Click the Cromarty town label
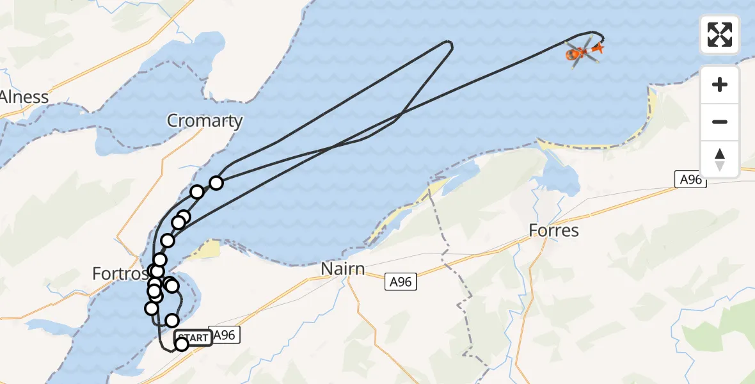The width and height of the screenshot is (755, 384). [205, 120]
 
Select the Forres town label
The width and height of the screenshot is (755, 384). [554, 230]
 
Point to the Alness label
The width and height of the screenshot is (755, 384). [24, 97]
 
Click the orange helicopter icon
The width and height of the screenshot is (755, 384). [578, 52]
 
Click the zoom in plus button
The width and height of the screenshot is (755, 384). [720, 84]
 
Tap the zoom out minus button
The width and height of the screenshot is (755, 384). [720, 122]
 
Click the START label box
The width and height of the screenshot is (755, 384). [193, 338]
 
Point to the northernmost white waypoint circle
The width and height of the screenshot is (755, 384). [216, 183]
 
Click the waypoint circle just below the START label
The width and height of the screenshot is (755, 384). [182, 344]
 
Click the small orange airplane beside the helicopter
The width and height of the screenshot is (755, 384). [598, 47]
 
